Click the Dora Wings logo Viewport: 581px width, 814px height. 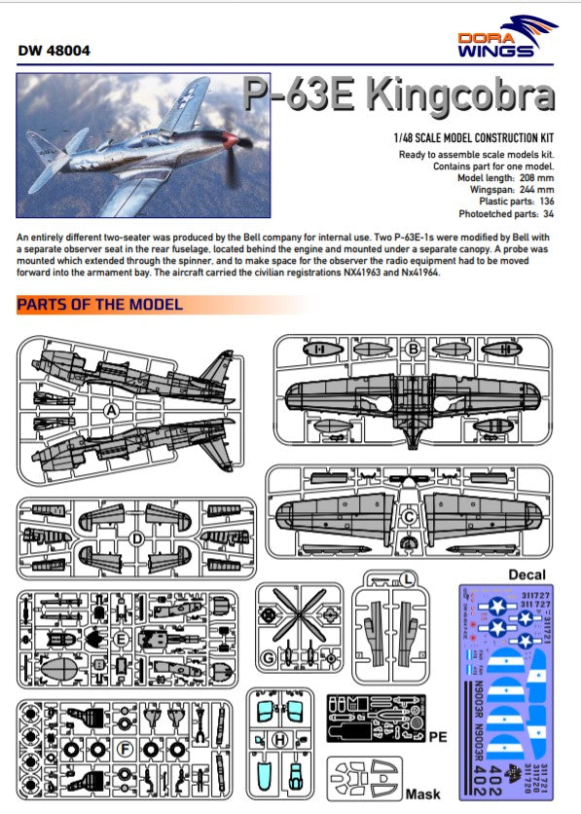(508, 37)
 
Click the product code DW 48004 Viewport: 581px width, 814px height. (54, 51)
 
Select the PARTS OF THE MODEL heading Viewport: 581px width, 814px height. (99, 305)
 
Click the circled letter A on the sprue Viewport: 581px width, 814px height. (112, 411)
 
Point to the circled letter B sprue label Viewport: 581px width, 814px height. (414, 348)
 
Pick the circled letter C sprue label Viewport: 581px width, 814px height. (410, 517)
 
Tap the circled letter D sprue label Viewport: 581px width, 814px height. (137, 538)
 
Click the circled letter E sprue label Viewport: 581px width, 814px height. (121, 639)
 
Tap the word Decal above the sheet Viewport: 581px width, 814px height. (527, 574)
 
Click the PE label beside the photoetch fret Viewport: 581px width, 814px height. (437, 738)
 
